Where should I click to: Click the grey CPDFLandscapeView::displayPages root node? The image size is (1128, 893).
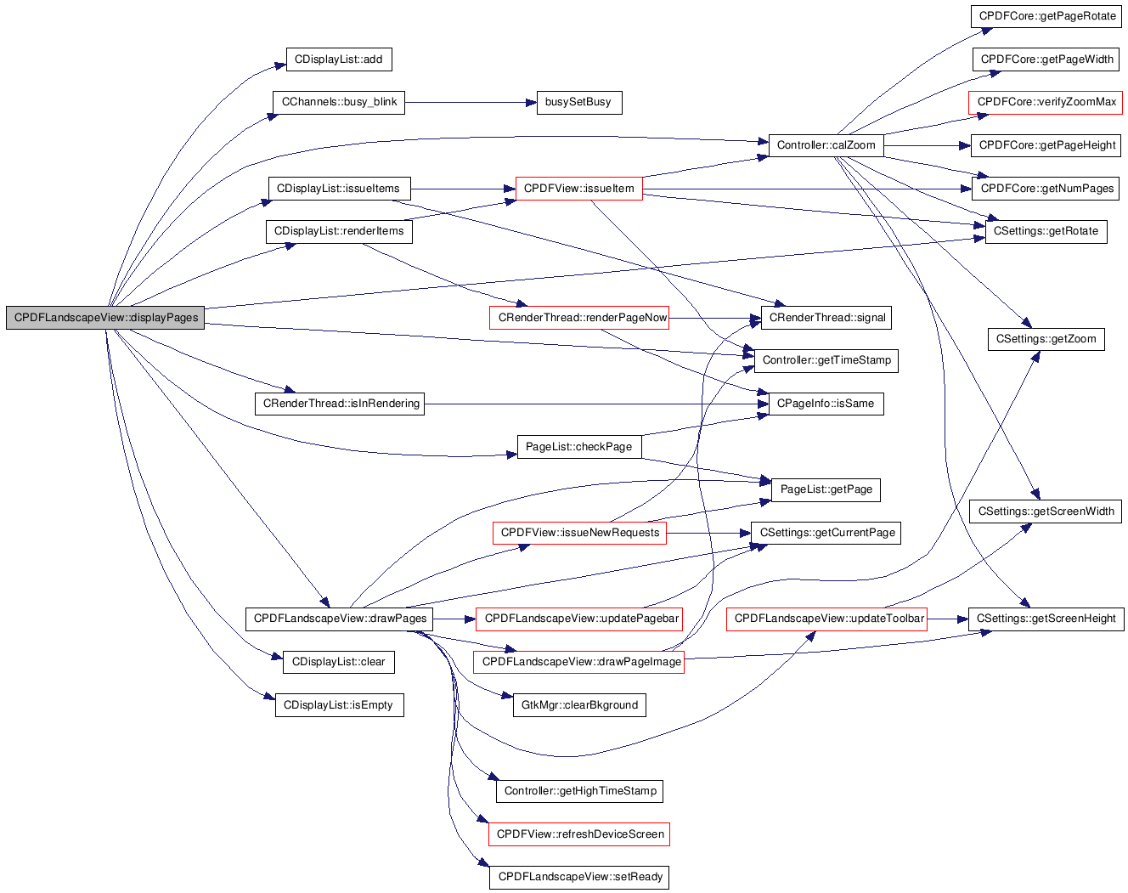[104, 318]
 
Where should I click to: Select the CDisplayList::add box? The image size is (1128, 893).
[339, 59]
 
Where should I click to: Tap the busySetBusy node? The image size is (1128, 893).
[579, 102]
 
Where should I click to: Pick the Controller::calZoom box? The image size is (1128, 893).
[826, 145]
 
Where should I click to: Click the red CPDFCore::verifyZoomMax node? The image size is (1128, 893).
[1045, 102]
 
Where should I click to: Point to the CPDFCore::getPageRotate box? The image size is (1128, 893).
[1046, 16]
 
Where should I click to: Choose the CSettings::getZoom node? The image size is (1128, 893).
[1046, 339]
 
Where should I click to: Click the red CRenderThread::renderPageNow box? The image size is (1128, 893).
[579, 318]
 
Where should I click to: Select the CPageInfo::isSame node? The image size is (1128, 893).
[826, 404]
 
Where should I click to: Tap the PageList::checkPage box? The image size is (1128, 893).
[579, 447]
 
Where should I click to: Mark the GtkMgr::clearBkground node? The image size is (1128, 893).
[579, 705]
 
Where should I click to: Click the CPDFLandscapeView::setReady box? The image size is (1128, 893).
[579, 877]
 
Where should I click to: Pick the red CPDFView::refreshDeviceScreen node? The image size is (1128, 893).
[579, 834]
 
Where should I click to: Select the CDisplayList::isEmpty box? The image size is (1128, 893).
[339, 705]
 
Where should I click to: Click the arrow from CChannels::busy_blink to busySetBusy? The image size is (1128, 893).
[471, 103]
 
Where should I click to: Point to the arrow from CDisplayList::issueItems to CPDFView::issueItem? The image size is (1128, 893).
[463, 189]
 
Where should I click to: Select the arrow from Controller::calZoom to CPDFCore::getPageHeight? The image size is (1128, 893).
[927, 146]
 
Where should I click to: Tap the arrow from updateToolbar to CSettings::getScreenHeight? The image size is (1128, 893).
[948, 619]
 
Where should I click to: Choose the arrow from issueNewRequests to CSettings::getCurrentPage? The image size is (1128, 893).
[708, 534]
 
